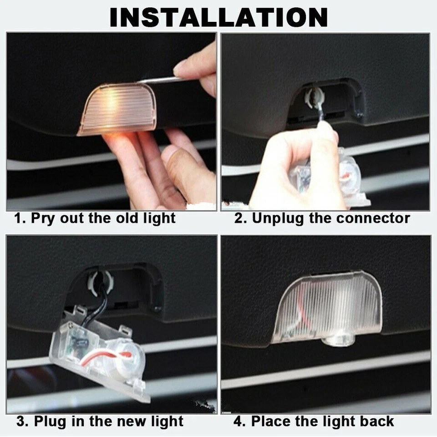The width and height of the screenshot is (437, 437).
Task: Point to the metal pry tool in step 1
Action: tap(159, 81)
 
